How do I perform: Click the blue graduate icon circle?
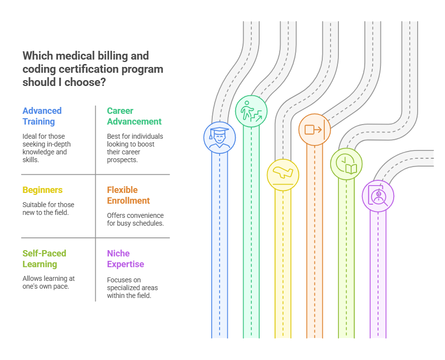pos(220,137)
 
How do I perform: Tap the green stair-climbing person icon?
pos(251,111)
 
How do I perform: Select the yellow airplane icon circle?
pos(283,174)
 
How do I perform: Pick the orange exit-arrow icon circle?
pos(314,129)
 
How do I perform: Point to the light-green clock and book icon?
pos(346,164)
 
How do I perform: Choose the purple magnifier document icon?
pos(378,196)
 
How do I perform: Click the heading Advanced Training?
pos(42,116)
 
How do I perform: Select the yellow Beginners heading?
pos(43,190)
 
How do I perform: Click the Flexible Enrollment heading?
pos(129,195)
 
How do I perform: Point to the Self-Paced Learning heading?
pos(44,259)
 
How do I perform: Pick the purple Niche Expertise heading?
pos(126,259)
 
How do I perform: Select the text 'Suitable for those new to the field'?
pos(48,209)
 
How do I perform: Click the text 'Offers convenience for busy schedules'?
pos(135,219)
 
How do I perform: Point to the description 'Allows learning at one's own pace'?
pos(48,282)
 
